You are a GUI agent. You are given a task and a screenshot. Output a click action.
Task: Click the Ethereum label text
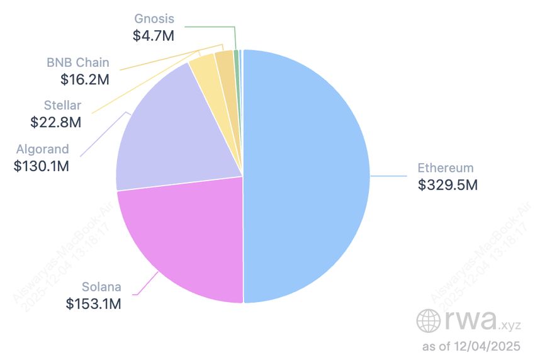coord(445,168)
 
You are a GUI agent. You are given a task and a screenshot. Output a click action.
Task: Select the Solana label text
coord(101,288)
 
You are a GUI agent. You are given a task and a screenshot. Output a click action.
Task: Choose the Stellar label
coord(62,106)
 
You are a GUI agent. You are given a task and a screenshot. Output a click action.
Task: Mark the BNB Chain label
coord(78,63)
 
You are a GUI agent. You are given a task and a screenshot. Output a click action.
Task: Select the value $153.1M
coord(94,304)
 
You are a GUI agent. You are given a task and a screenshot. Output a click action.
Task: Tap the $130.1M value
coord(41,166)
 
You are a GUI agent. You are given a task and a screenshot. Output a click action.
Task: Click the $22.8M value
coord(56,123)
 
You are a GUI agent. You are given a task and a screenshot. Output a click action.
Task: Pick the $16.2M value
coord(85,79)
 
